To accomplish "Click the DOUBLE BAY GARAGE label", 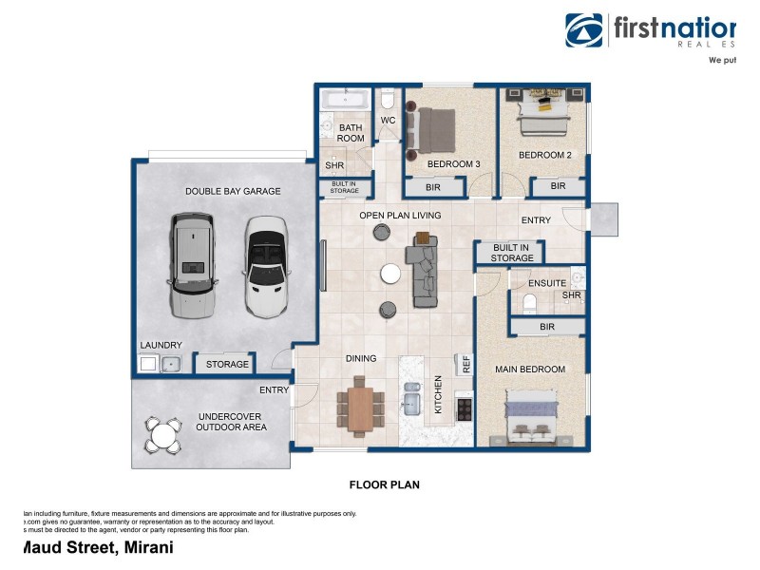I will [x=233, y=191].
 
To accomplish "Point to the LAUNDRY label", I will [x=161, y=346].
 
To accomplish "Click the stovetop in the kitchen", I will [x=464, y=408].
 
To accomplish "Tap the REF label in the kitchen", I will [x=465, y=363].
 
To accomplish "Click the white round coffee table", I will [x=390, y=274].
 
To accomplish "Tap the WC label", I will [x=388, y=121].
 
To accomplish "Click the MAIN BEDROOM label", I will [x=530, y=369].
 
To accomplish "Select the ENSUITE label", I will [x=547, y=283].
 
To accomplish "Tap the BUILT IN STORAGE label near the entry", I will [x=513, y=253].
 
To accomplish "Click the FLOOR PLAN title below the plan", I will [x=385, y=484].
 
